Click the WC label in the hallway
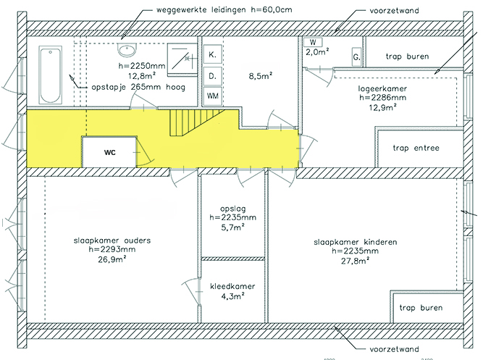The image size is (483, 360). pos(109,153)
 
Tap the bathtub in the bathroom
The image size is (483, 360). pos(50,75)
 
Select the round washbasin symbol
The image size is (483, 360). pos(127,50)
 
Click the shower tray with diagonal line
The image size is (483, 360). pos(182,60)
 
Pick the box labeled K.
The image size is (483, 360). pos(213,54)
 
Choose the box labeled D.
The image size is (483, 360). pos(213,76)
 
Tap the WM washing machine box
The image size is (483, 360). pos(213,96)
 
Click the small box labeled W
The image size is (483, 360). pos(313,42)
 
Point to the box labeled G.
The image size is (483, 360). pos(356,57)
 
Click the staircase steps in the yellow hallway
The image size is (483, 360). pos(196,122)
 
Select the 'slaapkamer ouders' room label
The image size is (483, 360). pos(112,240)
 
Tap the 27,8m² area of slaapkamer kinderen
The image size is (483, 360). pos(355,261)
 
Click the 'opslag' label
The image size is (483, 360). pos(233,209)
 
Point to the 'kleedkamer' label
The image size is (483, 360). pos(232,286)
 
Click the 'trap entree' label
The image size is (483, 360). pos(416,148)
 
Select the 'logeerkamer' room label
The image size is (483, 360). pos(382,89)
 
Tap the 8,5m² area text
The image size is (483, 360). pos(261,76)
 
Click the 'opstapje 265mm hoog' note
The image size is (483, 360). pos(138,87)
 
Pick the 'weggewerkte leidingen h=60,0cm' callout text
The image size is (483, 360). pos(224,9)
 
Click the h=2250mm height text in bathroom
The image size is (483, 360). pos(142,66)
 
